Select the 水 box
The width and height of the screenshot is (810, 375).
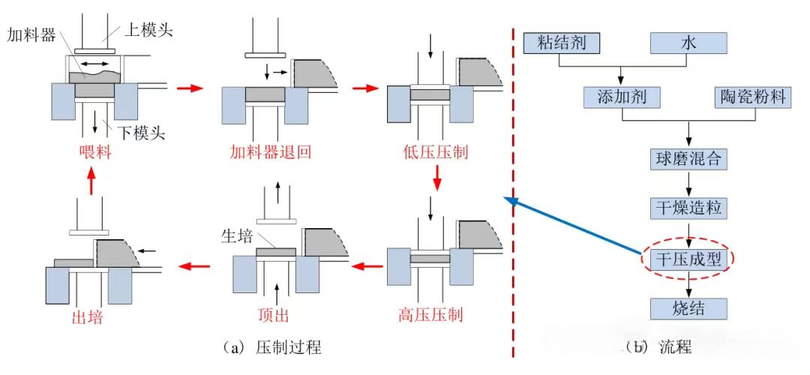(688, 43)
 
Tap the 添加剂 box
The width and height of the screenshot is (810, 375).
(620, 97)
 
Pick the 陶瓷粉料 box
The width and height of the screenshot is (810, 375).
(751, 97)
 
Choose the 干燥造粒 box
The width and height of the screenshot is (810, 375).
(688, 207)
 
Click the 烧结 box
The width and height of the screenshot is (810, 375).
(688, 307)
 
